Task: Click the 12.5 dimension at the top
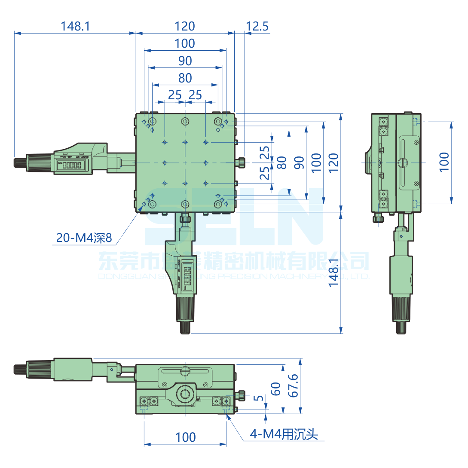pyautogui.click(x=257, y=26)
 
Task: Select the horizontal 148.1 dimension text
pyautogui.click(x=75, y=26)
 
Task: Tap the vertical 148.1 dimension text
pyautogui.click(x=335, y=272)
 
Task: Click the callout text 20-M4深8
pyautogui.click(x=84, y=237)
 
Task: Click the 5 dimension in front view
pyautogui.click(x=258, y=398)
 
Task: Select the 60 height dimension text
pyautogui.click(x=276, y=388)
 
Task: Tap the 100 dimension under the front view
pyautogui.click(x=185, y=437)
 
